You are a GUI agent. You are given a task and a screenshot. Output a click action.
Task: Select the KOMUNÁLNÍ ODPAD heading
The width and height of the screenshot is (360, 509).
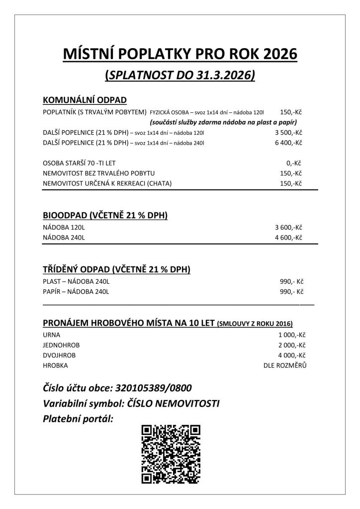(85, 99)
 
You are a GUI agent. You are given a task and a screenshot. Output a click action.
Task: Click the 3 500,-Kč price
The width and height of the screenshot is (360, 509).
(288, 133)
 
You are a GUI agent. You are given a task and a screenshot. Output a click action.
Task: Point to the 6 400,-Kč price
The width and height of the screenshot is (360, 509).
(288, 143)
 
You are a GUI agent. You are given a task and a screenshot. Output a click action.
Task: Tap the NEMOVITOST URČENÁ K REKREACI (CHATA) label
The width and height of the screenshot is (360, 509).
(107, 183)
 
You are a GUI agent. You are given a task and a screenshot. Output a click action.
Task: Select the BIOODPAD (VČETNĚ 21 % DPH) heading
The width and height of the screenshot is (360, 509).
(105, 215)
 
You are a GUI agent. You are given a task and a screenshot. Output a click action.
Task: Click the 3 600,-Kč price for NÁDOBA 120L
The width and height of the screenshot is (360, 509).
(288, 228)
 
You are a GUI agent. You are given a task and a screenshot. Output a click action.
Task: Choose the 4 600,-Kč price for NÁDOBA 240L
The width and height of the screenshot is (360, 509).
(288, 238)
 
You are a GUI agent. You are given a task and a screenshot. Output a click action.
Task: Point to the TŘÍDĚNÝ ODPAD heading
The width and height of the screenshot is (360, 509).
(116, 269)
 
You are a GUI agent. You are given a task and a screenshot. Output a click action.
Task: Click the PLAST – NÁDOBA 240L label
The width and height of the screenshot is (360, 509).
(76, 281)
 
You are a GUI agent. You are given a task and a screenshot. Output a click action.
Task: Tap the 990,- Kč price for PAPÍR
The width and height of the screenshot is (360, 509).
(291, 291)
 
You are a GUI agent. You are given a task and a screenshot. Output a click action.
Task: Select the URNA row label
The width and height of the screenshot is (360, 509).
(52, 335)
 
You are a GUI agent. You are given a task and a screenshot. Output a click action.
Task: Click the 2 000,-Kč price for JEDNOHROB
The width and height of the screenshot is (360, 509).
(291, 345)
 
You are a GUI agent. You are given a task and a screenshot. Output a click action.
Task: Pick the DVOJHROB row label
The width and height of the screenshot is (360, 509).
(59, 355)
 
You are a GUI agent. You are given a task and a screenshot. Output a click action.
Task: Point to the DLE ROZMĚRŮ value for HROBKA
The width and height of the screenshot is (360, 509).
(285, 365)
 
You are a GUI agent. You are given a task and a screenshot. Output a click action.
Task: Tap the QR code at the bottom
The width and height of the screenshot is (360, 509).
(171, 454)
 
